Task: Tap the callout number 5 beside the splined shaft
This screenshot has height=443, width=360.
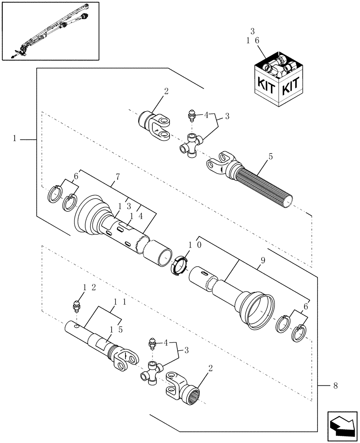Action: [x=270, y=157]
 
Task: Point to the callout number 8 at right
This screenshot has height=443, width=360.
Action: [x=337, y=385]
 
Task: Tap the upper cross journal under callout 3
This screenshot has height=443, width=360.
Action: [x=192, y=145]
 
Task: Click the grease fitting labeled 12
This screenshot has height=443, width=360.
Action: [x=75, y=306]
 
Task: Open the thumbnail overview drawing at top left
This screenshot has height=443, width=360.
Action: [x=51, y=31]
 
